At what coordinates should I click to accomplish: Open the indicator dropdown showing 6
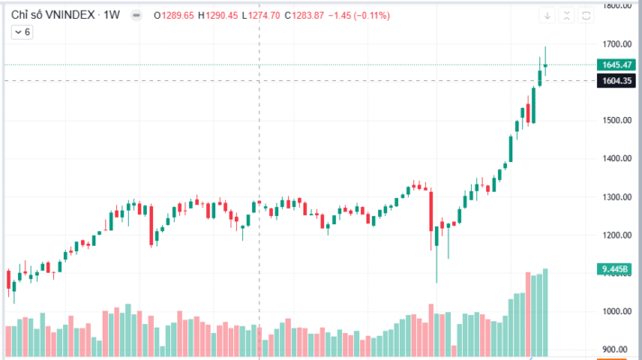tap(22, 31)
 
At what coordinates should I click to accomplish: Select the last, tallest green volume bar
tap(545, 311)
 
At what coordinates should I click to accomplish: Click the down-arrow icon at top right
tap(547, 15)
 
